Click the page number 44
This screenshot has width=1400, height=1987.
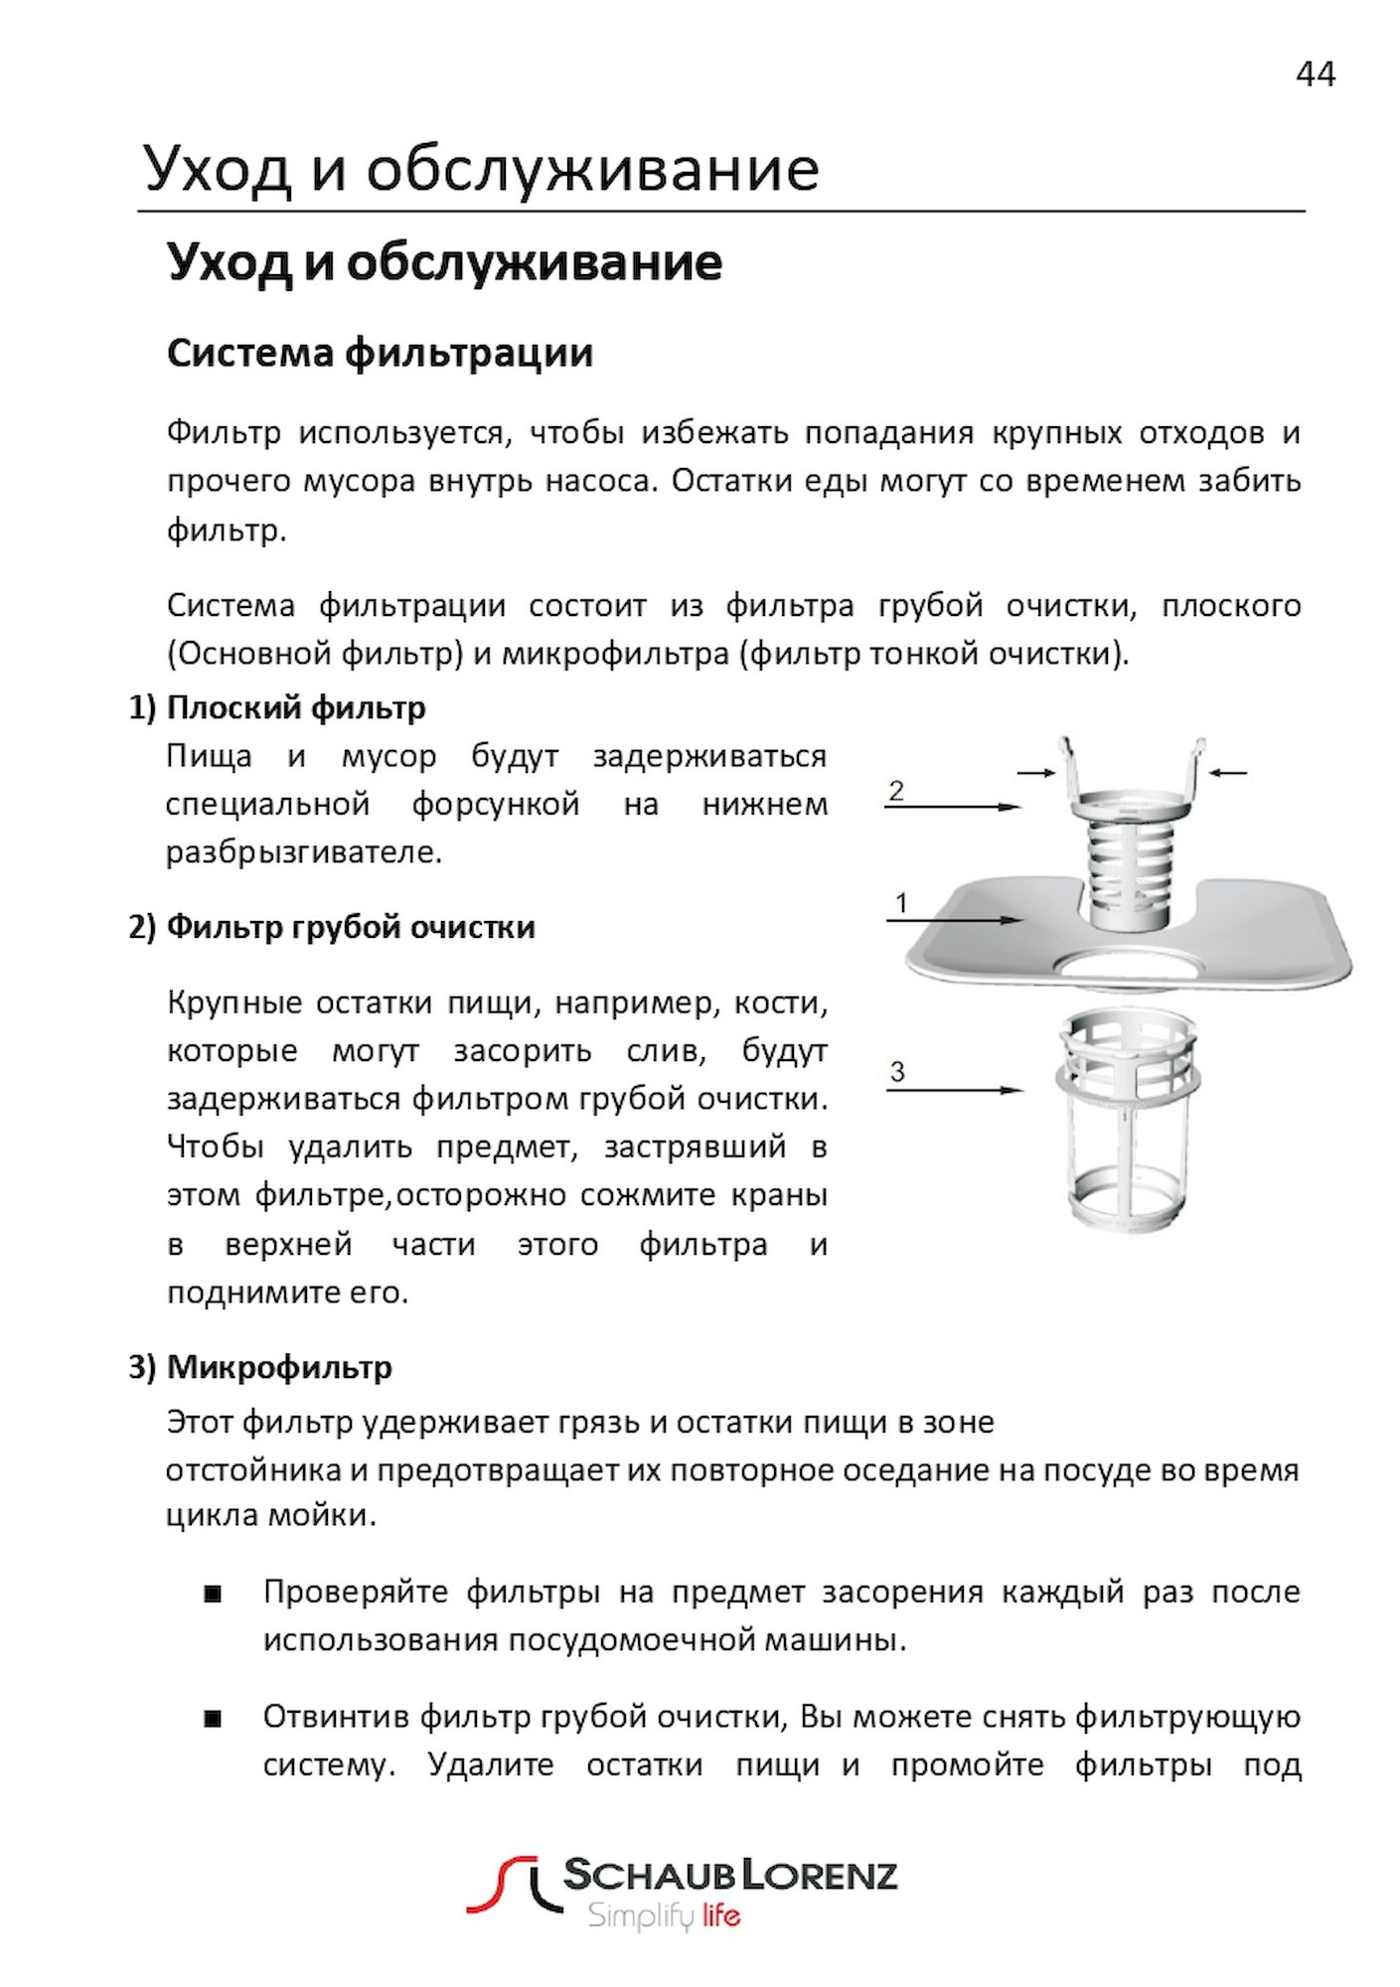1315,75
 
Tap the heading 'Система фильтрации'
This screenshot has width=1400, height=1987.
380,354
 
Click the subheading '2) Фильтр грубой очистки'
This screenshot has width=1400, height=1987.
332,926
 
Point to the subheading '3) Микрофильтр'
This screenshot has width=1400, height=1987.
260,1367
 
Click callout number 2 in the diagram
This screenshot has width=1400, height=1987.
896,791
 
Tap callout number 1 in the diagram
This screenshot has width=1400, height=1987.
901,903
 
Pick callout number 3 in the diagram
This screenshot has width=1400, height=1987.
897,1072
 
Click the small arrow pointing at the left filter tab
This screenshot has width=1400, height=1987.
1035,772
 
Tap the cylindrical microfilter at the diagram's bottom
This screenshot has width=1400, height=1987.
1130,1123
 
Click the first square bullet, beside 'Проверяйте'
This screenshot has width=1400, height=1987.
212,1595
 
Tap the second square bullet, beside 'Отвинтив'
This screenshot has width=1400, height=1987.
212,1719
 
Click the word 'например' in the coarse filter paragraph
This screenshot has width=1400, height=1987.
637,1003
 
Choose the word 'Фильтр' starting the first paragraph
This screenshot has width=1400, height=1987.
224,433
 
